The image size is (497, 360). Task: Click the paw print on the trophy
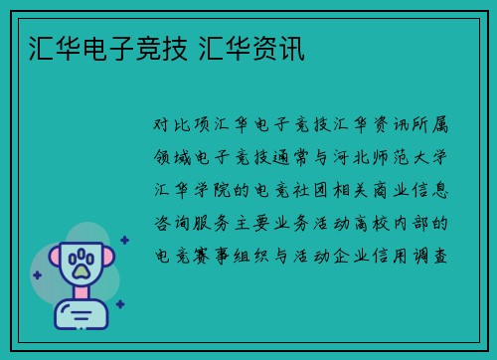tap(82, 263)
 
